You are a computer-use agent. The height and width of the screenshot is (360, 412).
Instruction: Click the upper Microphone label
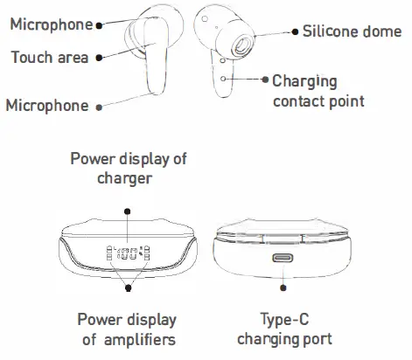point(50,24)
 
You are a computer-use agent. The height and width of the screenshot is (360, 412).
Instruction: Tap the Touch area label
point(49,58)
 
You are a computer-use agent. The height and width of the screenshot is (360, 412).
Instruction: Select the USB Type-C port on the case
point(283,260)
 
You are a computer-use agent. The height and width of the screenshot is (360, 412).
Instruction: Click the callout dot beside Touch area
point(99,58)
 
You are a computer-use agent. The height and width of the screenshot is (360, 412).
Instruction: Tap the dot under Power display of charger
point(127,209)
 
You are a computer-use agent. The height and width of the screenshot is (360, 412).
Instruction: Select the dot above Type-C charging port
point(283,285)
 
